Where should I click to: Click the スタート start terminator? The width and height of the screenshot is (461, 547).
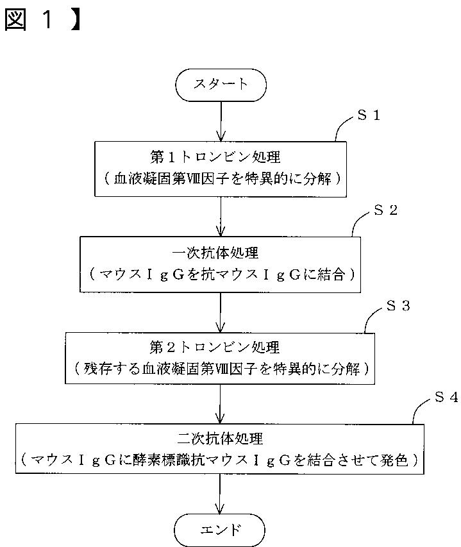click(221, 85)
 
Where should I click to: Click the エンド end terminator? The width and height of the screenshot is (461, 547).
click(219, 530)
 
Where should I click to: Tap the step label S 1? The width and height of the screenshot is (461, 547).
click(369, 115)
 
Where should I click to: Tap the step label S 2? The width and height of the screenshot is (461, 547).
click(385, 210)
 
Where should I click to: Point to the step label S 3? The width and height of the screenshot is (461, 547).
click(398, 306)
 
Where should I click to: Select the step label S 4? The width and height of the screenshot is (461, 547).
click(446, 397)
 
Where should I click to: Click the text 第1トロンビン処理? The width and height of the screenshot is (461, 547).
click(215, 157)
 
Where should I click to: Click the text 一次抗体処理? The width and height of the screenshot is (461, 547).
click(215, 253)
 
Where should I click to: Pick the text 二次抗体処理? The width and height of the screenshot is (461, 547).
click(220, 438)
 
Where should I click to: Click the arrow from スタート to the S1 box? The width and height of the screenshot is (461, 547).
click(221, 121)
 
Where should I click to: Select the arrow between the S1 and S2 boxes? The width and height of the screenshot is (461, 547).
click(221, 217)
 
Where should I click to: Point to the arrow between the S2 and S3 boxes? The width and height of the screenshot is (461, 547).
click(221, 312)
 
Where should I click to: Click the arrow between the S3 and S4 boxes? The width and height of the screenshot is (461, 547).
click(220, 404)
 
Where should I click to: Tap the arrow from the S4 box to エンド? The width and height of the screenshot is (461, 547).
click(220, 494)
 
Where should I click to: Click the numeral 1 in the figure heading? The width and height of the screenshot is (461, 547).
click(47, 19)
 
